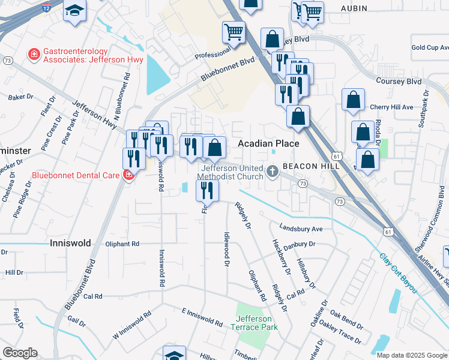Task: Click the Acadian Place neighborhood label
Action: point(268,144)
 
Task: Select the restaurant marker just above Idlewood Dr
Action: point(207,190)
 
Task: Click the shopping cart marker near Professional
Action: point(234,32)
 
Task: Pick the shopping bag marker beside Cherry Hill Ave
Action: point(353,99)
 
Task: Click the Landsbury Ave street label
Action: point(301,229)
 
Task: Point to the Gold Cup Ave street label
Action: point(429,47)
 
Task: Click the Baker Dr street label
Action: point(20,97)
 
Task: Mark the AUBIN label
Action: point(354,8)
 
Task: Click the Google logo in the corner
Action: point(20,353)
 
